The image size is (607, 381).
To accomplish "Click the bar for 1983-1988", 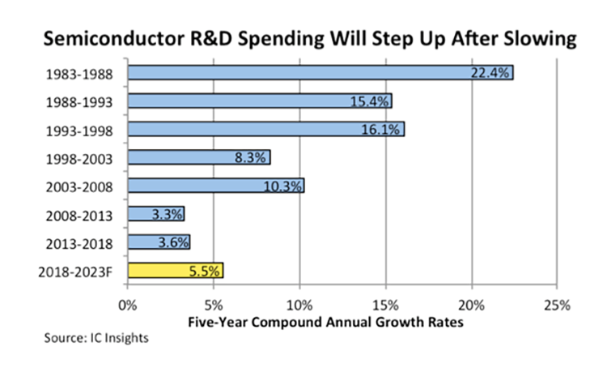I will pos(320,73).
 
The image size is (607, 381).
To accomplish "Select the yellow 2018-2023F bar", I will pos(175,270).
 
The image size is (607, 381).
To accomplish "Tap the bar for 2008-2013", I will pos(155,214).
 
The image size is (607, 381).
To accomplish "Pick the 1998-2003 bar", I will pos(198,157).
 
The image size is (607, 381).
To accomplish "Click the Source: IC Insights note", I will pos(96,338).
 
